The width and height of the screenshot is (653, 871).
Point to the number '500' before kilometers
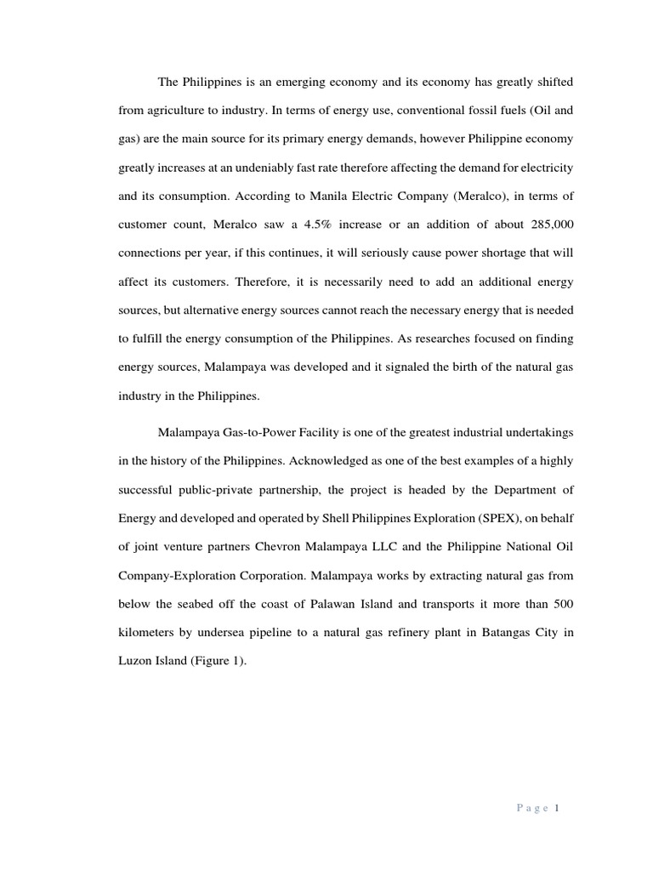coord(563,603)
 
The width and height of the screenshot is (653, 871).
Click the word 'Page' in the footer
coord(533,809)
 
